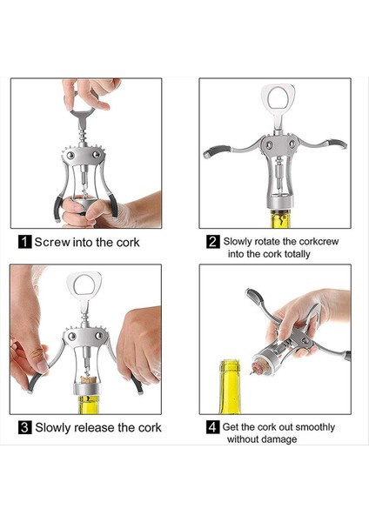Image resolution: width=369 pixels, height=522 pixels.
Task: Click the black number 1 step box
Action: coord(24,242)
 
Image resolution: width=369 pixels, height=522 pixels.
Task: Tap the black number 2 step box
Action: coord(213,241)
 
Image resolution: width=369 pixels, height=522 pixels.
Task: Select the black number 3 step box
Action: coord(25,427)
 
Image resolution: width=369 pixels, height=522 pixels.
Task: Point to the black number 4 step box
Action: coord(213,427)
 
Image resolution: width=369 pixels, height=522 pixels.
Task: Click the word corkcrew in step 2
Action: coord(319,241)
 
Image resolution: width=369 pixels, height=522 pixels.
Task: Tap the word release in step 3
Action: coord(94,427)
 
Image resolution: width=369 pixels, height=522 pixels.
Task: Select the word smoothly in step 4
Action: coord(315,427)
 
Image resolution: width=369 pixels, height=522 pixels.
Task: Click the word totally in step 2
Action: coord(297,254)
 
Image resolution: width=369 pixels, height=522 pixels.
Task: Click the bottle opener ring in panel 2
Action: coord(278,97)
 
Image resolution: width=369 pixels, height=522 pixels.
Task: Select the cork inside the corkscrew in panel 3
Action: coord(88,380)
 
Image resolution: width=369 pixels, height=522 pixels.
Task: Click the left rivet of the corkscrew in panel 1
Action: coord(70,155)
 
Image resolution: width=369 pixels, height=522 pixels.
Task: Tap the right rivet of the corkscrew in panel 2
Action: coord(292,144)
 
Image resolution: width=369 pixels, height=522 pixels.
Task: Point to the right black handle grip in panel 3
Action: coord(137,384)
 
